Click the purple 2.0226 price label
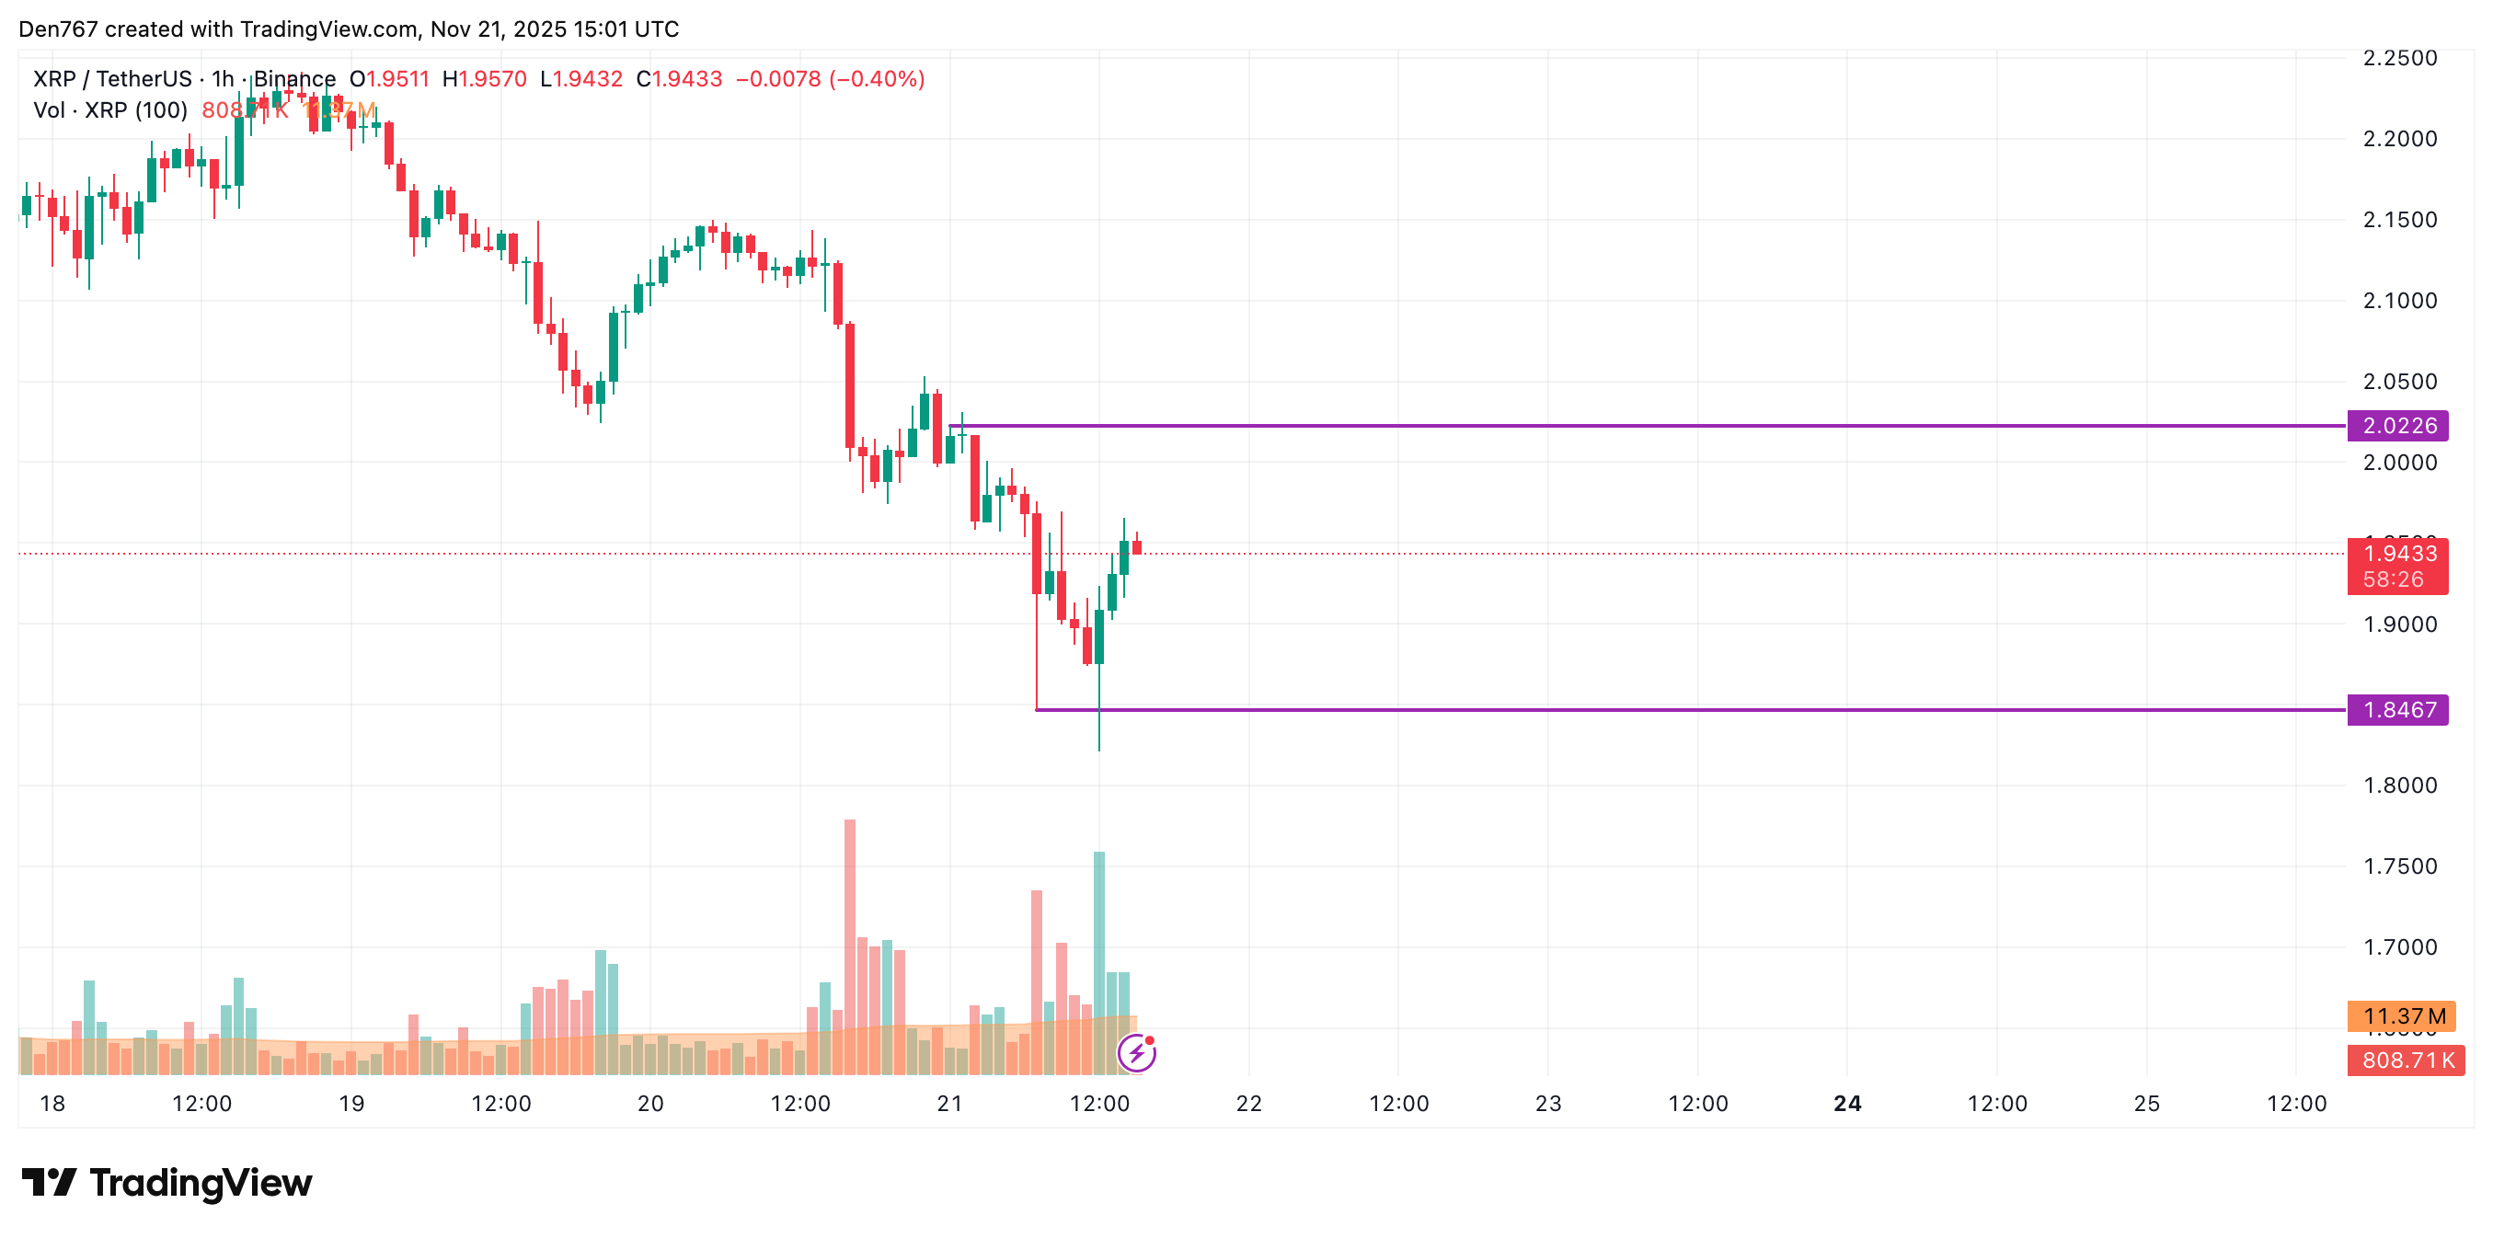pyautogui.click(x=2397, y=426)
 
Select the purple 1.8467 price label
pyautogui.click(x=2397, y=709)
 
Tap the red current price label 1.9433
pyautogui.click(x=2399, y=554)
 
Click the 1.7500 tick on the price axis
pyautogui.click(x=2399, y=866)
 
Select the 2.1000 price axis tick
pyautogui.click(x=2399, y=301)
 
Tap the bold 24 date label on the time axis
pyautogui.click(x=1846, y=1104)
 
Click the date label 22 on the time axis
pyautogui.click(x=1248, y=1104)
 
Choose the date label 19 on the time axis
pyautogui.click(x=351, y=1104)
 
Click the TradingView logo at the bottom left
pyautogui.click(x=167, y=1183)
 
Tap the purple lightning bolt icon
pyautogui.click(x=1137, y=1053)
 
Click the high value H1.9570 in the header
pyautogui.click(x=484, y=79)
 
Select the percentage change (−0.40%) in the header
pyautogui.click(x=877, y=79)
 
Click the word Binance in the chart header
pyautogui.click(x=294, y=79)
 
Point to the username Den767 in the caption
pyautogui.click(x=58, y=29)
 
